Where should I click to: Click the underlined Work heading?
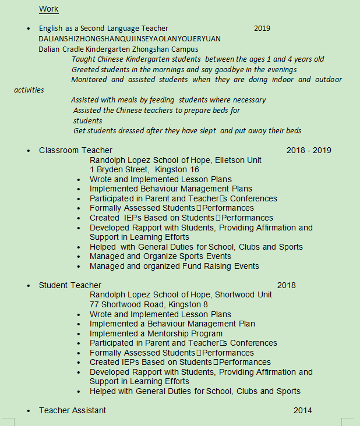click(49, 9)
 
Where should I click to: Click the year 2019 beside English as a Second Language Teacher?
click(262, 29)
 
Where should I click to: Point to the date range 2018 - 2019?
click(309, 150)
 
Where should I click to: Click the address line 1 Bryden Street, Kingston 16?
click(144, 169)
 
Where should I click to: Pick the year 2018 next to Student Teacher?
click(286, 285)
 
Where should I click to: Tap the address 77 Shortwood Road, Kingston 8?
click(149, 304)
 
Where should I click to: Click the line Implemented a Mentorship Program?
click(156, 333)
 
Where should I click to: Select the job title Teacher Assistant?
click(72, 410)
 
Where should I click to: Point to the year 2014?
click(302, 410)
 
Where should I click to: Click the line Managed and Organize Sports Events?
click(160, 256)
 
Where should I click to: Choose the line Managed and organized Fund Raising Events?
click(174, 266)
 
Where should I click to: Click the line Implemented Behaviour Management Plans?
click(171, 189)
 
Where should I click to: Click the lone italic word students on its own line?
click(88, 120)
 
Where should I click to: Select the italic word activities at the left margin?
click(29, 90)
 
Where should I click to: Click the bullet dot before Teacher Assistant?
click(29, 411)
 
